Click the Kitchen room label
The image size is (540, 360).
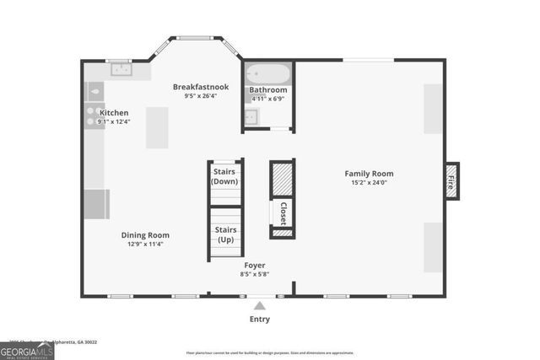click(x=114, y=112)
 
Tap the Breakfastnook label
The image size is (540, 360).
click(x=201, y=87)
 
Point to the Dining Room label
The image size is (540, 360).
click(x=145, y=235)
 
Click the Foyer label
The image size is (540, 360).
click(x=254, y=265)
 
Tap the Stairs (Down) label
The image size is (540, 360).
click(x=224, y=176)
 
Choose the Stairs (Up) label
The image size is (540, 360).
click(x=225, y=234)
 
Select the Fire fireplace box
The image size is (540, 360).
click(x=451, y=180)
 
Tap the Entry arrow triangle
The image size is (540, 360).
click(x=260, y=305)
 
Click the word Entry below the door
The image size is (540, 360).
click(x=260, y=320)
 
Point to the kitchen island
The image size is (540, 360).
click(x=157, y=127)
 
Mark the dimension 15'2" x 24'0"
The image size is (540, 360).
click(x=370, y=183)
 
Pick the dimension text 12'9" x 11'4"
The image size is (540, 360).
click(x=145, y=244)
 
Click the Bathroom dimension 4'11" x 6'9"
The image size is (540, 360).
click(x=268, y=99)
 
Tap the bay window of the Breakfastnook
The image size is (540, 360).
click(x=195, y=38)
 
